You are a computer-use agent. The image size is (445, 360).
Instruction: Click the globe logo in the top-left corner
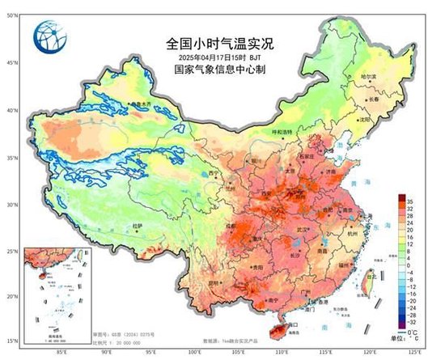pyautogui.click(x=46, y=35)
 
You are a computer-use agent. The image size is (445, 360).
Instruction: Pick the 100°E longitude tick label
pyautogui.click(x=195, y=352)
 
